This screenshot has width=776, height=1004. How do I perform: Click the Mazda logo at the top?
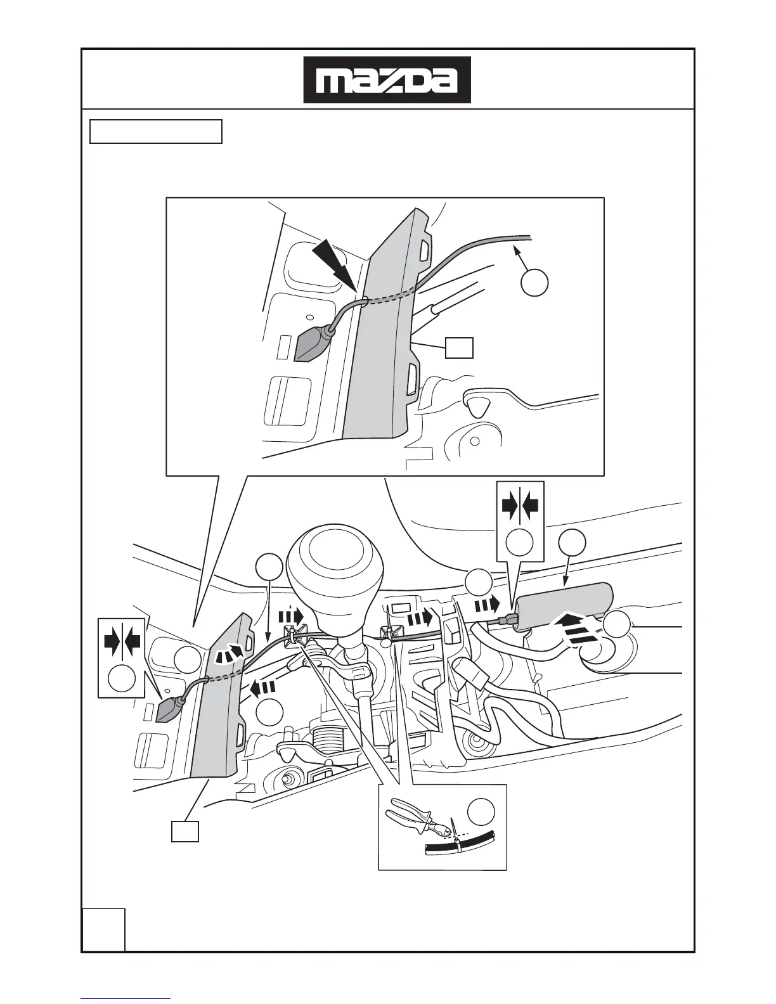(387, 80)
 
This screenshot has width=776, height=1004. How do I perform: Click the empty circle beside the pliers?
(481, 813)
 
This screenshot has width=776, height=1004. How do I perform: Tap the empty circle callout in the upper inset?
(534, 283)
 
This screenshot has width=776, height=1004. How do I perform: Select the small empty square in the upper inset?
(459, 348)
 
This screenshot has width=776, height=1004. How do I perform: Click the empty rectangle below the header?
(156, 131)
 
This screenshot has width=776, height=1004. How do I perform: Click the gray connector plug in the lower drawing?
(168, 709)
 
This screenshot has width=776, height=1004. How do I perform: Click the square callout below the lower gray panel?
(185, 832)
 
